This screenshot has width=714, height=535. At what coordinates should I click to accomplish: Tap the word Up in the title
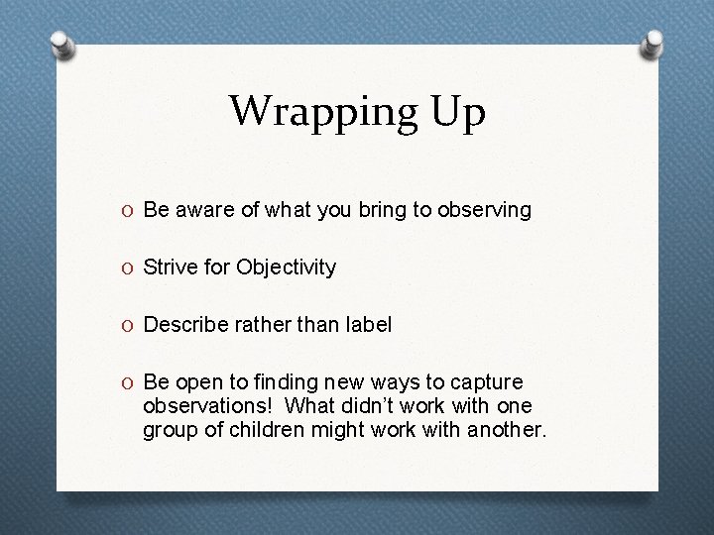coord(453,111)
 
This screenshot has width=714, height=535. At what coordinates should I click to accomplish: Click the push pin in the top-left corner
coord(61,45)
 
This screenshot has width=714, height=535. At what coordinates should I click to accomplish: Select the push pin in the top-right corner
coord(653,44)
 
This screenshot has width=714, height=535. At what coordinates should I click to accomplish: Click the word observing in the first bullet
coord(487,210)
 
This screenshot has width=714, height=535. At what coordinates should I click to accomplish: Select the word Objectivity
coord(286,267)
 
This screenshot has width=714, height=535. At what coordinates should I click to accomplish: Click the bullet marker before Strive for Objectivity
coord(130,267)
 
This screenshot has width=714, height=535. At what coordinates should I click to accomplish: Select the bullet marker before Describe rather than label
coord(130,325)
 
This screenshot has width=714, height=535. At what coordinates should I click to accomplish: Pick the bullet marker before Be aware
coord(130,210)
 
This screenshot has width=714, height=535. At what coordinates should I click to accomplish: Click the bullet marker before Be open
coord(130,382)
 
